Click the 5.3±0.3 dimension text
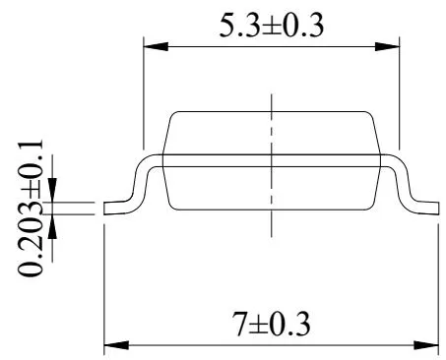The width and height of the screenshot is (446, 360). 272,26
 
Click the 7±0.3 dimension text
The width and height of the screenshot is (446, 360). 271,324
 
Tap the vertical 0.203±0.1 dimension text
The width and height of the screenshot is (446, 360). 31,208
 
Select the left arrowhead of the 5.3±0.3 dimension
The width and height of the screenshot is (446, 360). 157,46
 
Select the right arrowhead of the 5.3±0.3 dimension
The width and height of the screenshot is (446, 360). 387,46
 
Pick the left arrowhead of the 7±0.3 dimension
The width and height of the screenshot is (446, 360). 116,345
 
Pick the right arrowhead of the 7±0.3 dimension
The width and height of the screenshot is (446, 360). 426,345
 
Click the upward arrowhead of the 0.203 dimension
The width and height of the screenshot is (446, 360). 52,227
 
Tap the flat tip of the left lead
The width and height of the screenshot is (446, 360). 104,209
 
